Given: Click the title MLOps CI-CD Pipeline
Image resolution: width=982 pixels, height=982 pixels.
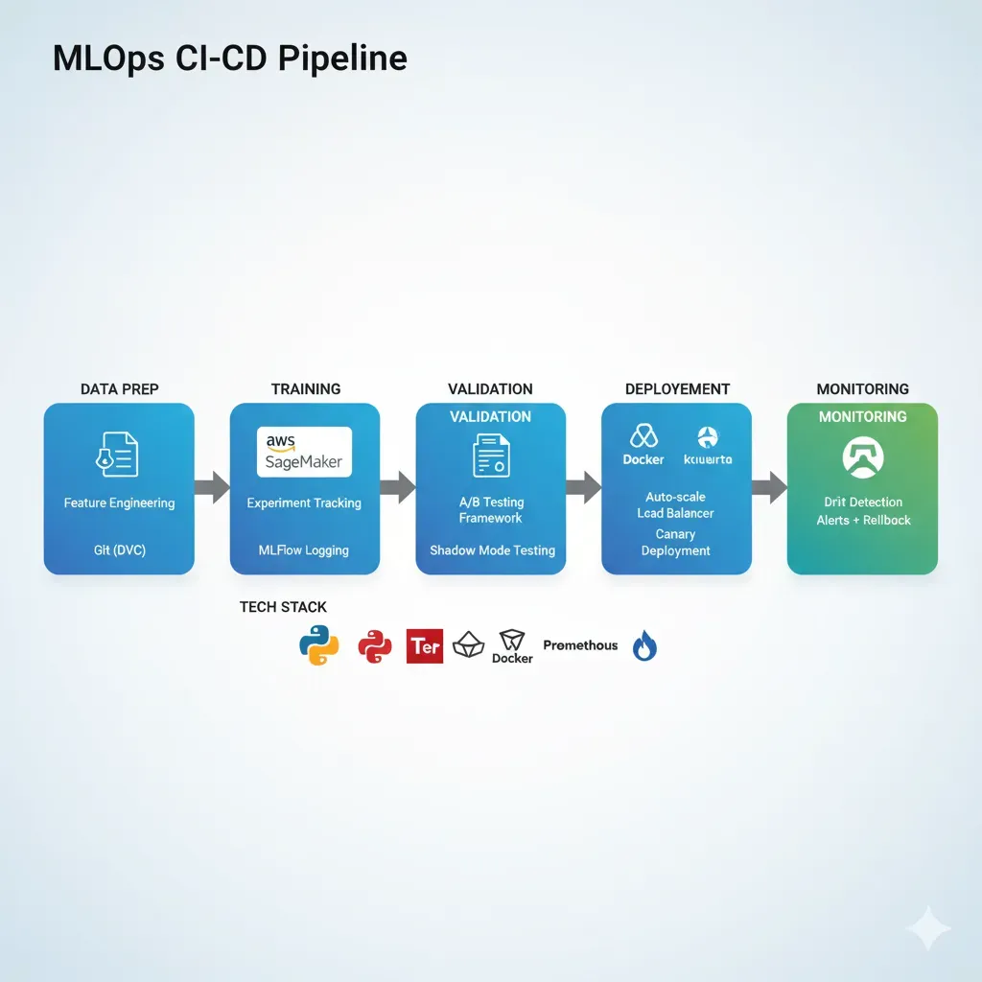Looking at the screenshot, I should [230, 58].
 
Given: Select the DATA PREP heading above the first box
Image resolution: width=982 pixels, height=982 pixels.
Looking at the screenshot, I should [120, 388].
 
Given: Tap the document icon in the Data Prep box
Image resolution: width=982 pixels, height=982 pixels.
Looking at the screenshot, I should [119, 453].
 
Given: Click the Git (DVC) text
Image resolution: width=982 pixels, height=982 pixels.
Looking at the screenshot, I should [119, 550].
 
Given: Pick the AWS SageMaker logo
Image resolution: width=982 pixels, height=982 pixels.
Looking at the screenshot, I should [304, 452].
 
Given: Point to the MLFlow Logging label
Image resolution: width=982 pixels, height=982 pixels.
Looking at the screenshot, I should [304, 550].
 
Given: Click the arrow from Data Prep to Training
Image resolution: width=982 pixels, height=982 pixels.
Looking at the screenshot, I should [212, 487].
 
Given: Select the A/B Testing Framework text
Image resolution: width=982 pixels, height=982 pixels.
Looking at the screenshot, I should [490, 510].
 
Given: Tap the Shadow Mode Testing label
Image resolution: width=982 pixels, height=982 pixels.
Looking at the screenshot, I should [492, 550].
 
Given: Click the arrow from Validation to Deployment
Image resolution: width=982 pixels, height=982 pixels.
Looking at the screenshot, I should [583, 487].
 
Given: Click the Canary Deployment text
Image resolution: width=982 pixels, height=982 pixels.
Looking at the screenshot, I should [676, 543].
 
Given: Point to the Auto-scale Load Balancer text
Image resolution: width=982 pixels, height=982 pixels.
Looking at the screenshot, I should [676, 505].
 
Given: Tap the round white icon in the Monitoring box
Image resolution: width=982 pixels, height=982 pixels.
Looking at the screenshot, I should [862, 456].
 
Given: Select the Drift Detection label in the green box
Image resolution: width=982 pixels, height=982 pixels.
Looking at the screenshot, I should [863, 502].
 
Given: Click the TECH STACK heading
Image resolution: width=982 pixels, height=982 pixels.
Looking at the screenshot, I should [283, 607].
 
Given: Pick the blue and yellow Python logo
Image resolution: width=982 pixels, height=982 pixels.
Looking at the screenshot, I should [318, 645].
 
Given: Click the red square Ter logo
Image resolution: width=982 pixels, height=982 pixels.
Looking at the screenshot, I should [425, 646].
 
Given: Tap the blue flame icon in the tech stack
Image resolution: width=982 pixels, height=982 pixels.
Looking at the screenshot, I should [644, 648].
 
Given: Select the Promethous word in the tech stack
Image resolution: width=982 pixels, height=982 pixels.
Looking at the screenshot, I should [580, 645].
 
